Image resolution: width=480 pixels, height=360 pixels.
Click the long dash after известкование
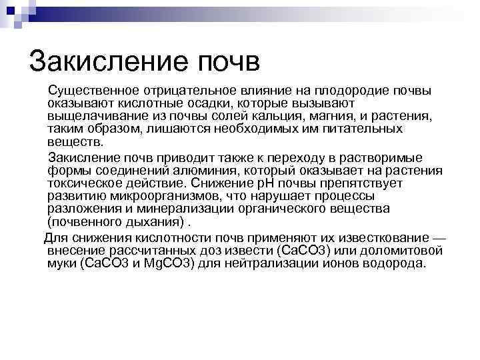pyautogui.click(x=439, y=238)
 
